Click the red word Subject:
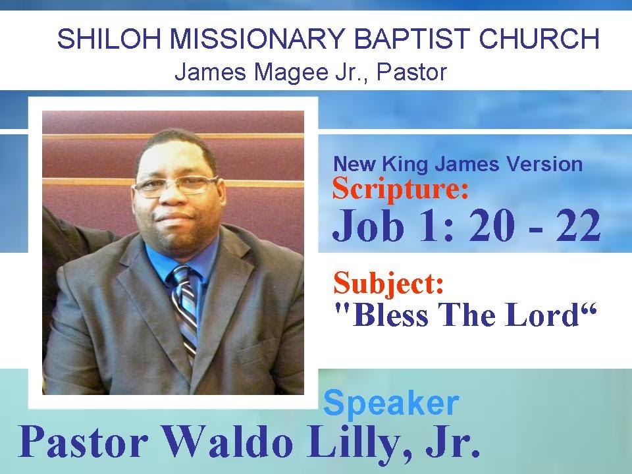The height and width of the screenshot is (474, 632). (x=388, y=284)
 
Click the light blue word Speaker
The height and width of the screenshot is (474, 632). (x=391, y=402)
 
